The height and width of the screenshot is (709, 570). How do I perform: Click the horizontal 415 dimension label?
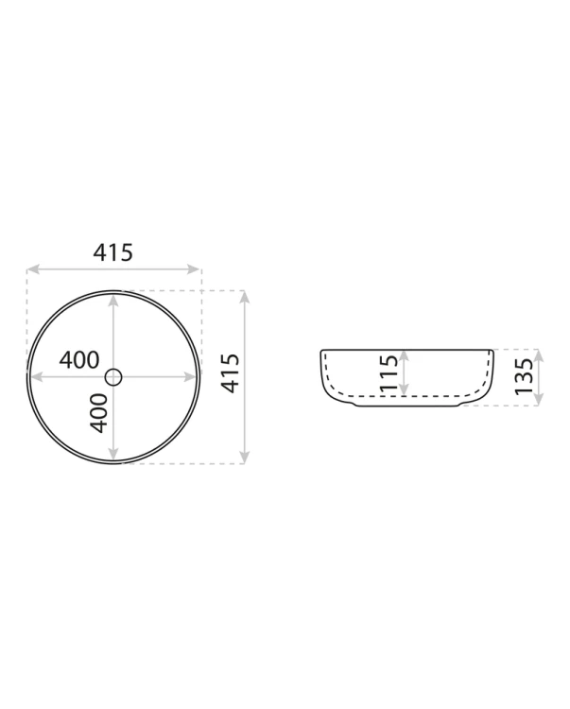tap(113, 252)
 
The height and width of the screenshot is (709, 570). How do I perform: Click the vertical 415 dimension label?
tap(231, 373)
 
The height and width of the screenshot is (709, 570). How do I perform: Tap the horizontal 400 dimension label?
tap(79, 360)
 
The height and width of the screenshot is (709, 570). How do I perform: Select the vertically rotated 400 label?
tap(98, 413)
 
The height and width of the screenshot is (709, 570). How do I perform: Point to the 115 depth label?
tap(389, 373)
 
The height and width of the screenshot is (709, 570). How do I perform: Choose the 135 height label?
tap(524, 376)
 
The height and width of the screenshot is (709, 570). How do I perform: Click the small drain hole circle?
tap(113, 376)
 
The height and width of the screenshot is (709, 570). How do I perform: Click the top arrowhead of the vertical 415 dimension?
tap(244, 298)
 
